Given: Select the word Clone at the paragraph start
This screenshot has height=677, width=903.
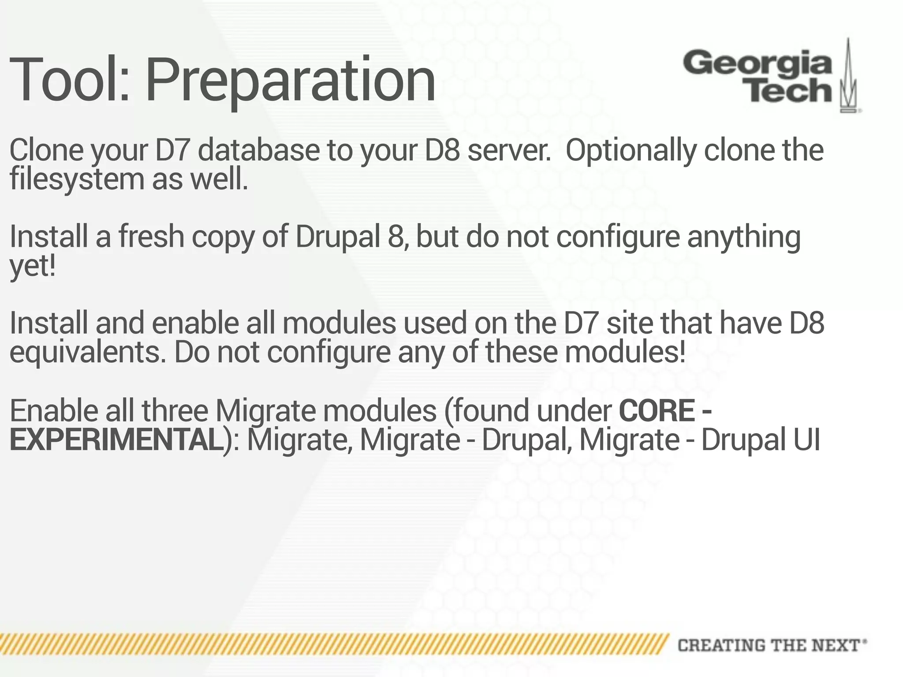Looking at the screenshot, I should [x=46, y=150].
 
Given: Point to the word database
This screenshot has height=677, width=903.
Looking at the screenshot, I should [x=258, y=150].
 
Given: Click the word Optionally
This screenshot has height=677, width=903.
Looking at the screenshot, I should [x=631, y=150].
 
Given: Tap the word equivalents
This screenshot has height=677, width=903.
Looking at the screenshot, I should [x=88, y=353].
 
